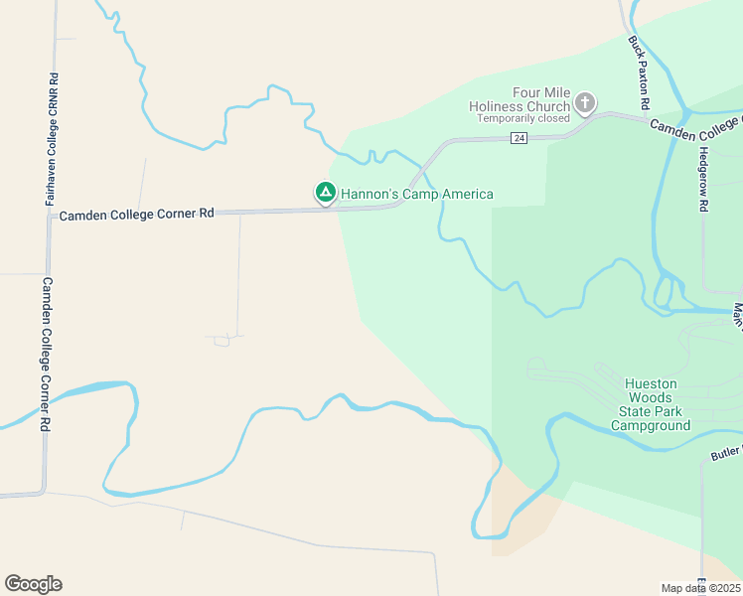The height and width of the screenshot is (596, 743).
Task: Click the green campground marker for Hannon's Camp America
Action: (324, 192)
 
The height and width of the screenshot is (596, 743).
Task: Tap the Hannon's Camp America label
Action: (417, 194)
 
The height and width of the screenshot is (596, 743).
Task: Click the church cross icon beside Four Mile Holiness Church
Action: (585, 101)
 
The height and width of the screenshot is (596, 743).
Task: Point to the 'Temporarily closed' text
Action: (523, 118)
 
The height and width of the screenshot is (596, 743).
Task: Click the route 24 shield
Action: (520, 138)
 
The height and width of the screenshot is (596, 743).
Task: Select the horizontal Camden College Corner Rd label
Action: (137, 214)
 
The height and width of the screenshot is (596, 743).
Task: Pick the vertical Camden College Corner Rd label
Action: (46, 354)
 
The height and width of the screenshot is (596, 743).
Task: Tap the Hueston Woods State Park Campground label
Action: (651, 404)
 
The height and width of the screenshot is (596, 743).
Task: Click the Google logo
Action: (33, 584)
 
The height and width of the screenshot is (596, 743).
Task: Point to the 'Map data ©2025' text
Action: (700, 588)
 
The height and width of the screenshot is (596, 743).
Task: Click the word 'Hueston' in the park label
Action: (651, 383)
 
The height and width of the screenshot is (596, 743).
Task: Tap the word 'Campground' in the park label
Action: (651, 426)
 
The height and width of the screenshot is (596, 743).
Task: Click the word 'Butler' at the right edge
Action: (726, 453)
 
